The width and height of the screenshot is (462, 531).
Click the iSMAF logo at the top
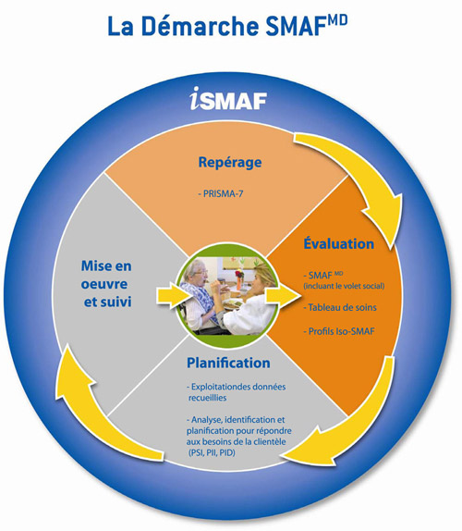(x=228, y=99)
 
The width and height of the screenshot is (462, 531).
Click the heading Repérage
(x=230, y=163)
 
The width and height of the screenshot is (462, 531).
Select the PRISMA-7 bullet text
(x=221, y=193)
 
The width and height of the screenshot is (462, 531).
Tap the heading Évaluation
(x=338, y=243)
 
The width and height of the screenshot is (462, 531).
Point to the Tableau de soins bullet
(x=340, y=307)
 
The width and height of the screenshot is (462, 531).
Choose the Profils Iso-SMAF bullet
(x=339, y=331)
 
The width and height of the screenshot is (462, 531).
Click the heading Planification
(x=228, y=363)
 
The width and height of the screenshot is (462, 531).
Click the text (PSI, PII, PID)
(x=212, y=452)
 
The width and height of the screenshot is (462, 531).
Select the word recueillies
(x=207, y=398)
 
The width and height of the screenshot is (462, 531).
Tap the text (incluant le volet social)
(x=344, y=286)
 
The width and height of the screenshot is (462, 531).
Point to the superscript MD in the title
(x=336, y=20)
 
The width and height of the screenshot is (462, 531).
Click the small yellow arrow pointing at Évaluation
(x=283, y=295)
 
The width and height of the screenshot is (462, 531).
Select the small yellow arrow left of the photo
(x=174, y=296)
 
